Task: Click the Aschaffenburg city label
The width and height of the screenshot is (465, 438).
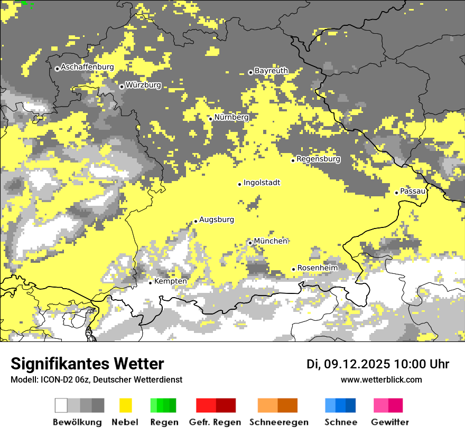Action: point(87,67)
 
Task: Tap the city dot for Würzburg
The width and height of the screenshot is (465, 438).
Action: point(122,87)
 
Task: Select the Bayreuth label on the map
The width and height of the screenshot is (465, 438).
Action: point(271,71)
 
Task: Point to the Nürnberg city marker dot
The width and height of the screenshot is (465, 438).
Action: point(210,119)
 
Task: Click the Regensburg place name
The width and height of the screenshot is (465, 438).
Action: point(318,159)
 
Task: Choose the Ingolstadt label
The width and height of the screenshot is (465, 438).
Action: point(262,183)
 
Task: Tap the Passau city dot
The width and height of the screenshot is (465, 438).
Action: point(396,193)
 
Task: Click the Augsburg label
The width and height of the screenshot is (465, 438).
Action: point(216,220)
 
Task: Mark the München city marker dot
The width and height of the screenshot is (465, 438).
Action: point(250,243)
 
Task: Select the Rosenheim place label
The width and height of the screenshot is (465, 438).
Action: point(317,268)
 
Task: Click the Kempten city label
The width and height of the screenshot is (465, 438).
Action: point(170,281)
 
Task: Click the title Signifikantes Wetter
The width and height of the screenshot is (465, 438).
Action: point(87,364)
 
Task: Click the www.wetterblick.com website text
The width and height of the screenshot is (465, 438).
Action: point(381,379)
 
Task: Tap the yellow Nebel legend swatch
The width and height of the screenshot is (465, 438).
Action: point(126,405)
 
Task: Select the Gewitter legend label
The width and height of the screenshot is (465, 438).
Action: point(389,422)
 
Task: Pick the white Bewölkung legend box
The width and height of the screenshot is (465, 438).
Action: point(61,405)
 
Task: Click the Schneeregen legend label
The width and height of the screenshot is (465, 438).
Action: point(278,422)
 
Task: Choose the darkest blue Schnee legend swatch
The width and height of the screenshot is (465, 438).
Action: point(351,405)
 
